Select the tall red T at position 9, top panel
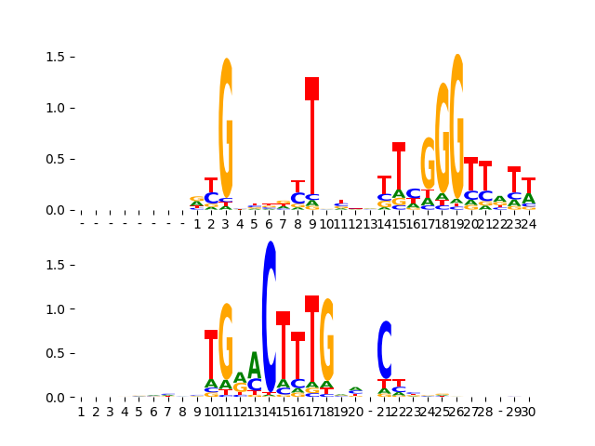click(x=312, y=139)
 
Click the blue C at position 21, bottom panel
click(x=385, y=349)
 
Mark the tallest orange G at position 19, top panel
click(x=456, y=121)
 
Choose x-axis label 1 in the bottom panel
click(x=81, y=412)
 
